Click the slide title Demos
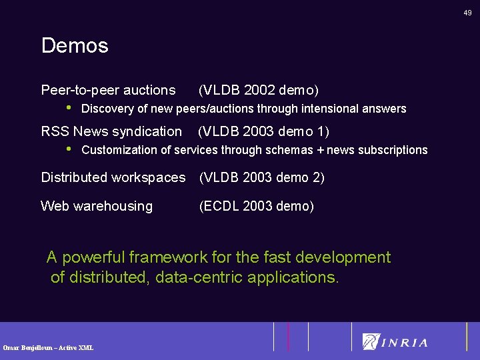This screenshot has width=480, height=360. [75, 46]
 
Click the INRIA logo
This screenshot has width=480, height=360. [395, 342]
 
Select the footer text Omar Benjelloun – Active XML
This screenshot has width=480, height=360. [48, 347]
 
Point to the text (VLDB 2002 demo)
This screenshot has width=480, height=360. [259, 90]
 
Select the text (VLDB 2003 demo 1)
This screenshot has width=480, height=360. [264, 132]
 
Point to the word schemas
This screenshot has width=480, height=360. [289, 150]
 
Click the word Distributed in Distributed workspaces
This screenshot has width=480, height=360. [77, 177]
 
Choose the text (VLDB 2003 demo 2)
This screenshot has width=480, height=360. [261, 177]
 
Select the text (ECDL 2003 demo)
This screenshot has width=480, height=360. [256, 207]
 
